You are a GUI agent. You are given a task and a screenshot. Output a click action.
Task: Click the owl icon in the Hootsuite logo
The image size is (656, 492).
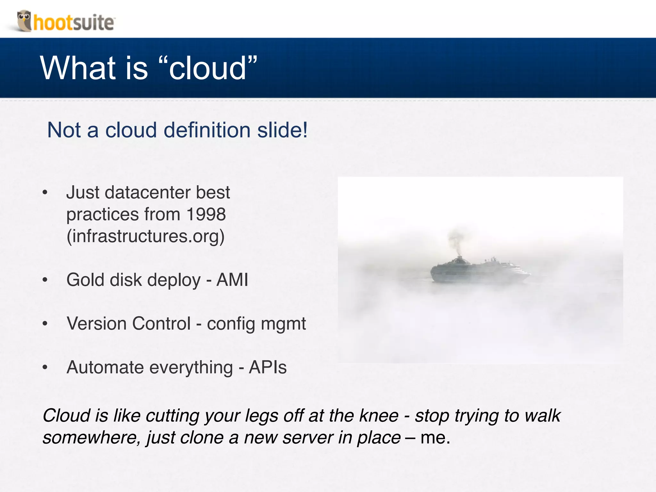[24, 20]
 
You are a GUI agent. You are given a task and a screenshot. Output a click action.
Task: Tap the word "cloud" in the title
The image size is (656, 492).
[208, 68]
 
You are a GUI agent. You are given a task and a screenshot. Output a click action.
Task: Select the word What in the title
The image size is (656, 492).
[78, 68]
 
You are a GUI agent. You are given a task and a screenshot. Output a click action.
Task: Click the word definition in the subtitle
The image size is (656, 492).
[207, 130]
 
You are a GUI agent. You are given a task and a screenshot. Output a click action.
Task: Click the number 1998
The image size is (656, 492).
[206, 214]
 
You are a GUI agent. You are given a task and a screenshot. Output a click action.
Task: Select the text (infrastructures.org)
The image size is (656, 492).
[145, 236]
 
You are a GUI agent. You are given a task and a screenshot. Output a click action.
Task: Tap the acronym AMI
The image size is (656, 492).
[232, 280]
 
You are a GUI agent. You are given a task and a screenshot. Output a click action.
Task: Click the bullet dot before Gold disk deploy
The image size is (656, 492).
[45, 280]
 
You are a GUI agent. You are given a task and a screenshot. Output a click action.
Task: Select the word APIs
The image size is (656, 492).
[268, 367]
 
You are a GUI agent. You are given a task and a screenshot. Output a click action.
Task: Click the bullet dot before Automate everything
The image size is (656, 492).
[45, 367]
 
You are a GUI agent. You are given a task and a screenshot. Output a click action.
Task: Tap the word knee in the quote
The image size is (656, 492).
[379, 416]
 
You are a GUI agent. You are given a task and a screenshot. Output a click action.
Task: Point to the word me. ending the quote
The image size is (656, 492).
[435, 438]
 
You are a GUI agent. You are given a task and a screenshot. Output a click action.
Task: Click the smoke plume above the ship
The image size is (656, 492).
[456, 239]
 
